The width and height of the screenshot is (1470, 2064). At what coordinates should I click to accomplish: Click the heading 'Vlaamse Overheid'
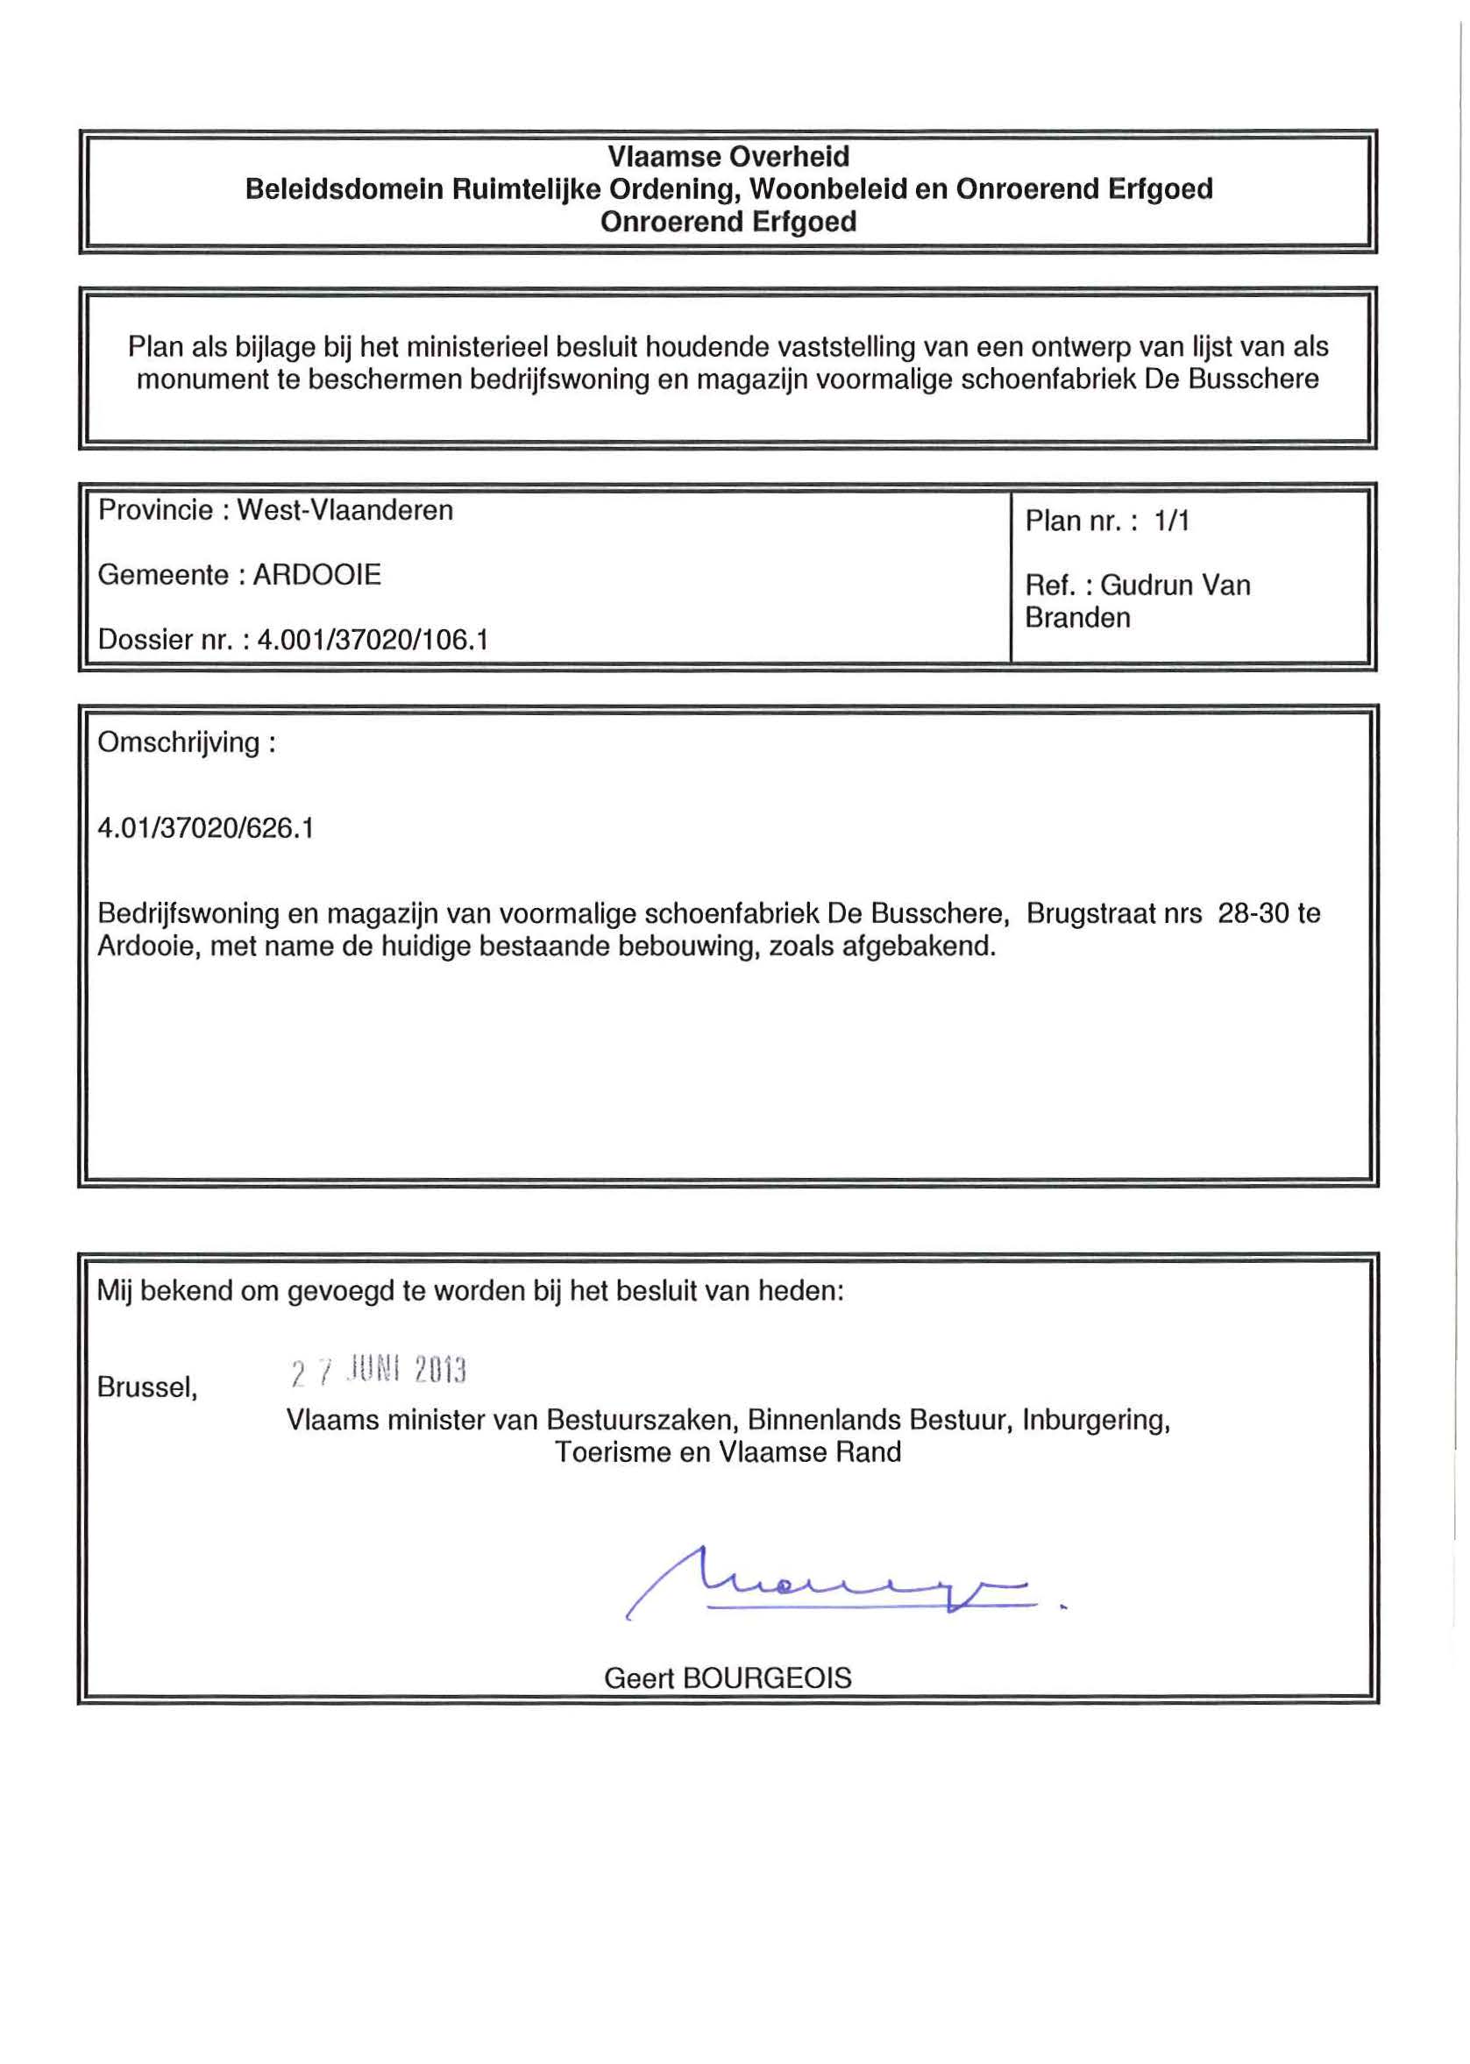click(x=728, y=157)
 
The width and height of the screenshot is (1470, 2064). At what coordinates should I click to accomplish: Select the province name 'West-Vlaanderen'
click(x=344, y=510)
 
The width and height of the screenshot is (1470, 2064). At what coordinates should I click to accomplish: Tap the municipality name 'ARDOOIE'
click(x=316, y=575)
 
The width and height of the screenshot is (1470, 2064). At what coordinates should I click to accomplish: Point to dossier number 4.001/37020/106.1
click(x=373, y=640)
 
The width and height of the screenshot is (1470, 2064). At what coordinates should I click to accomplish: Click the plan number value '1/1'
click(x=1171, y=521)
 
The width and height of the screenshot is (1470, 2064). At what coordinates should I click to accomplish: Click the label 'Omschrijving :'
click(x=187, y=743)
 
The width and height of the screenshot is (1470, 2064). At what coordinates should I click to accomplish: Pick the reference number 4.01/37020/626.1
click(x=205, y=828)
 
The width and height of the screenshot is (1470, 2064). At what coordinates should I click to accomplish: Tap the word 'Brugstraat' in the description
click(x=1087, y=913)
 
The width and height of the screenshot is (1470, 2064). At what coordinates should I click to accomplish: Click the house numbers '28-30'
click(x=1253, y=913)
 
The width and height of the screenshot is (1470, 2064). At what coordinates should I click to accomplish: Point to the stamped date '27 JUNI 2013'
click(x=379, y=1372)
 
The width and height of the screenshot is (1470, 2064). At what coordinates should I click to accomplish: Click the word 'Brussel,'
click(x=147, y=1387)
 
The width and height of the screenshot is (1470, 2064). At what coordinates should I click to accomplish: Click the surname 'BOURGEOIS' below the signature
click(x=767, y=1678)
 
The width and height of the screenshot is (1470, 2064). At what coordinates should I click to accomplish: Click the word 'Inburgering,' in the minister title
click(x=1095, y=1420)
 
